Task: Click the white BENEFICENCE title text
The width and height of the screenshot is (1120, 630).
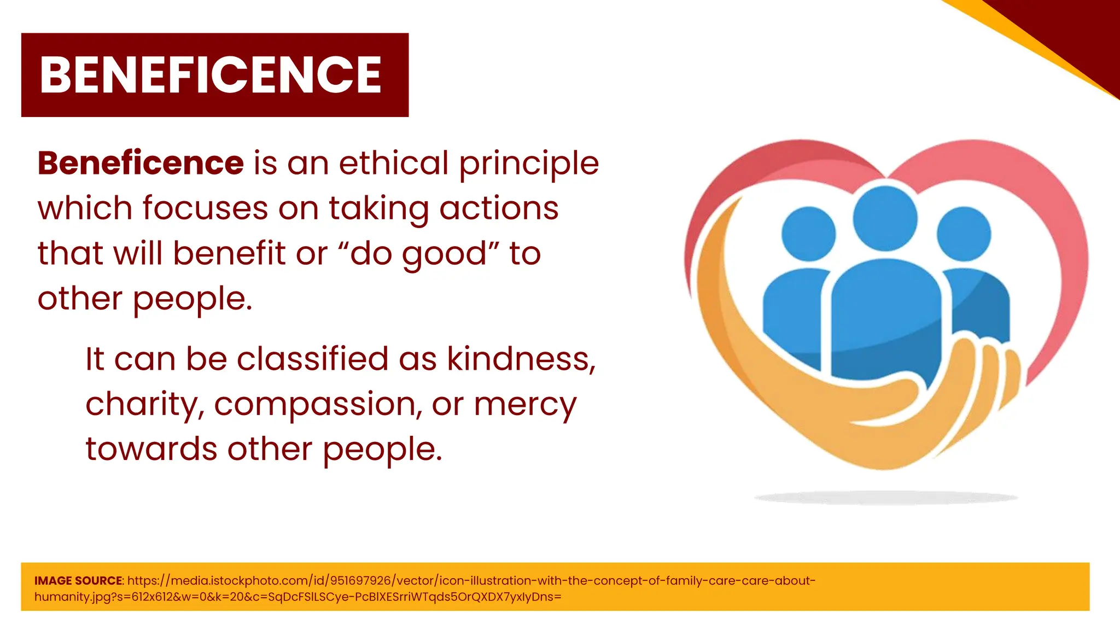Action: coord(211,75)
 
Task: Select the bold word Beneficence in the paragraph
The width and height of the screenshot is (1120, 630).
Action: coord(141,163)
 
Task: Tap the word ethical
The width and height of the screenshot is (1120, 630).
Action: coord(394,163)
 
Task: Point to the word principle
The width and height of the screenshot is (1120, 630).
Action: coord(529,164)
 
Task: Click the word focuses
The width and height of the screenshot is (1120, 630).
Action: coord(205,208)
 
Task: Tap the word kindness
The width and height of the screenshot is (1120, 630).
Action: coord(521,359)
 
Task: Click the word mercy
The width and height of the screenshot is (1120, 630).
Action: coord(525,405)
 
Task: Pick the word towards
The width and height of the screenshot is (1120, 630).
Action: coord(151,449)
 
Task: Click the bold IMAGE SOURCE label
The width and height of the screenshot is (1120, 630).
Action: coord(79,581)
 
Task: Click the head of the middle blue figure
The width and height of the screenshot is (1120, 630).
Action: coord(885,219)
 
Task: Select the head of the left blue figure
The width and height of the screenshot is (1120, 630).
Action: coord(808,234)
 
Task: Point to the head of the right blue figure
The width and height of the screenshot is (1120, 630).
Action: coord(964,234)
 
